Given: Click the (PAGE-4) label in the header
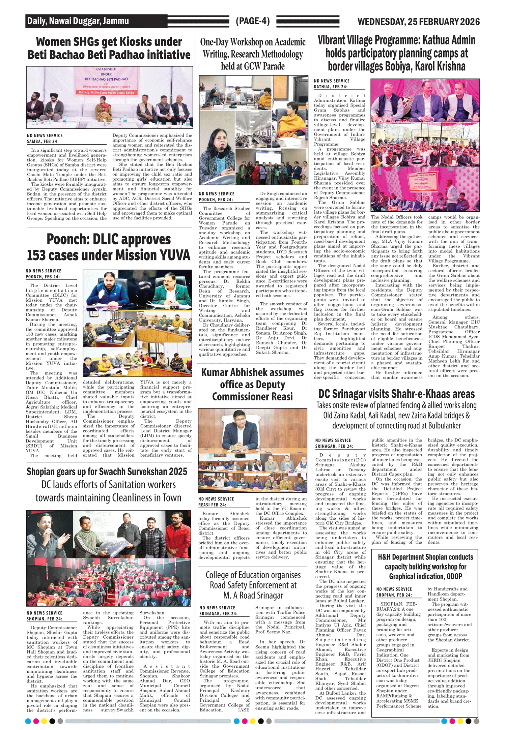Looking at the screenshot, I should [x=253, y=21].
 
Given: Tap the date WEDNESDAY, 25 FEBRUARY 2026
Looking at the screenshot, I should [x=418, y=22].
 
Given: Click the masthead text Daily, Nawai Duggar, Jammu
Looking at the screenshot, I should [x=78, y=21].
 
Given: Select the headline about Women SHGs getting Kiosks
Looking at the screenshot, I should [x=109, y=48].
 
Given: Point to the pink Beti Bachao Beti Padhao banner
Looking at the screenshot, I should [x=107, y=81].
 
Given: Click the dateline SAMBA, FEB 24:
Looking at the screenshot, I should [x=43, y=142].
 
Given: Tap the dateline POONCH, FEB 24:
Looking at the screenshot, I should [x=43, y=277].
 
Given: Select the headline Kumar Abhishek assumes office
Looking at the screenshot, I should [x=252, y=384].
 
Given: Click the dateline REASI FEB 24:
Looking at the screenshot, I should [x=212, y=505].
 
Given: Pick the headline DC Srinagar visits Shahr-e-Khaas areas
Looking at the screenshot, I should [x=396, y=394].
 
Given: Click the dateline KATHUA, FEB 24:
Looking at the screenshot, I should [x=331, y=87].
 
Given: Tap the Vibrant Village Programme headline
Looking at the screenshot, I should [x=396, y=53].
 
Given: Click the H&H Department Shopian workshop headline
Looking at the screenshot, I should [x=425, y=567].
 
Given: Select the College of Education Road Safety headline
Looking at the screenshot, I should [x=253, y=585].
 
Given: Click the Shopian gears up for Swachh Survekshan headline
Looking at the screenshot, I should [x=107, y=472].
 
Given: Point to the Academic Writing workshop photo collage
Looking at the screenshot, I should [x=253, y=130].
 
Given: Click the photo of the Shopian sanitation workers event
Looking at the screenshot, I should [x=109, y=558].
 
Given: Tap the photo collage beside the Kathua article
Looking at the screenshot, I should [x=425, y=145].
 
